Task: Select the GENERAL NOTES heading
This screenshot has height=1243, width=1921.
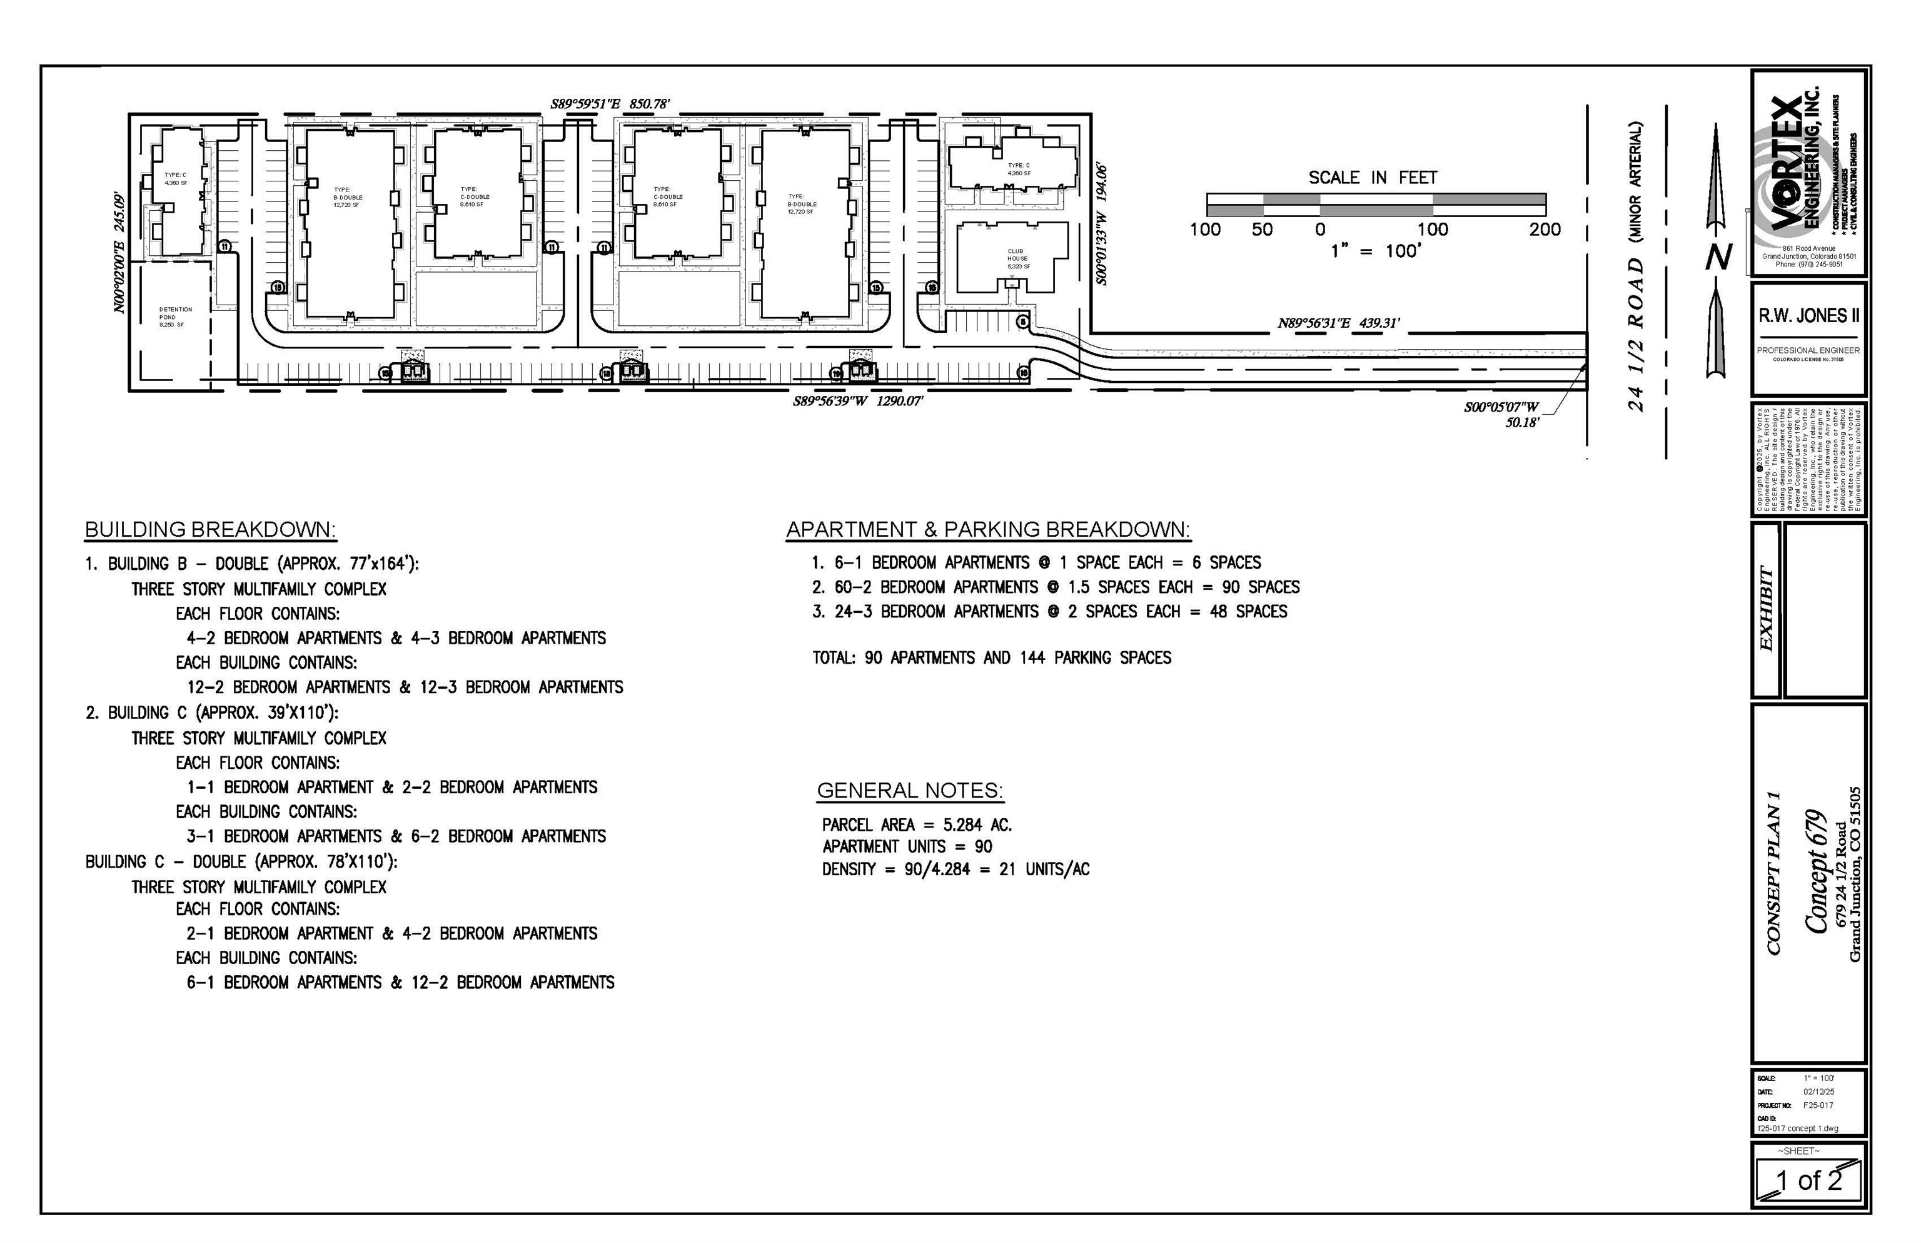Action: [909, 790]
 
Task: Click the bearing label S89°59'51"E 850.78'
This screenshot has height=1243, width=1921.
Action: [610, 104]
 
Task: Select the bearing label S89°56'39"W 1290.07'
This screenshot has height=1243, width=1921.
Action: [857, 400]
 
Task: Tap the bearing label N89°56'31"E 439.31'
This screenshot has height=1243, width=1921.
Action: [1338, 323]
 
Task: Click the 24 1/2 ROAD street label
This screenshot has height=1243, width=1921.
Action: [1635, 335]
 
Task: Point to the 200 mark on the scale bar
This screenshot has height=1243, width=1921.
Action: [1544, 229]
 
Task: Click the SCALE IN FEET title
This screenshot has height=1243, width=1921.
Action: [1373, 178]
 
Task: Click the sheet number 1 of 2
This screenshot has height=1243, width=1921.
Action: [1809, 1180]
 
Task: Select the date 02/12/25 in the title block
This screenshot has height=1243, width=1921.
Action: [1818, 1091]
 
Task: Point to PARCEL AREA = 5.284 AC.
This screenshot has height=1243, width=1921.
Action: [917, 825]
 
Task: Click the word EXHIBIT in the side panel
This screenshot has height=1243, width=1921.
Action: [1765, 609]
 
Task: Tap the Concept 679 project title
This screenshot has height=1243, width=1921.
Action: [1815, 871]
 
